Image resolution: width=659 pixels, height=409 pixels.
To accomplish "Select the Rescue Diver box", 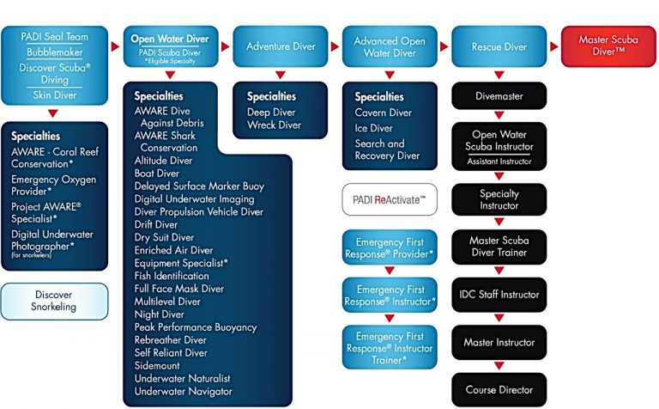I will pyautogui.click(x=499, y=46).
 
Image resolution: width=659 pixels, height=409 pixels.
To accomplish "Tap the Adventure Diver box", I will pyautogui.click(x=281, y=46).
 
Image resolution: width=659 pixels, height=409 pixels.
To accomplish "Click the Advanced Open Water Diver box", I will pyautogui.click(x=390, y=46).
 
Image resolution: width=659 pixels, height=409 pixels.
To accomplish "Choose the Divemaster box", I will pyautogui.click(x=499, y=96).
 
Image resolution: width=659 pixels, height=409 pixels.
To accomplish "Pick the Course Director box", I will pyautogui.click(x=499, y=389).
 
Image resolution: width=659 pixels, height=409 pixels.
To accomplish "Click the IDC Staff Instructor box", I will pyautogui.click(x=499, y=295).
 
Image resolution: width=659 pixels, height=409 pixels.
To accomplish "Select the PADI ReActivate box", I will pyautogui.click(x=389, y=199).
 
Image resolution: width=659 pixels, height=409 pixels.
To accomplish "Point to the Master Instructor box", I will pyautogui.click(x=499, y=342).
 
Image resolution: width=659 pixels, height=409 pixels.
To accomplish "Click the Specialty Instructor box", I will pyautogui.click(x=499, y=199).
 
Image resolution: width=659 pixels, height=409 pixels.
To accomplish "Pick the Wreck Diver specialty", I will pyautogui.click(x=274, y=125).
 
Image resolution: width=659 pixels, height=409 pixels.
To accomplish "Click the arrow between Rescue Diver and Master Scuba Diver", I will pyautogui.click(x=552, y=46).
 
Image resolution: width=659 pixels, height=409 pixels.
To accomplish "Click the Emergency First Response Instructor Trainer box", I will pyautogui.click(x=389, y=347).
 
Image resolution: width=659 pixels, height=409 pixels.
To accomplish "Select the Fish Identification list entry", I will pyautogui.click(x=172, y=276).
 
